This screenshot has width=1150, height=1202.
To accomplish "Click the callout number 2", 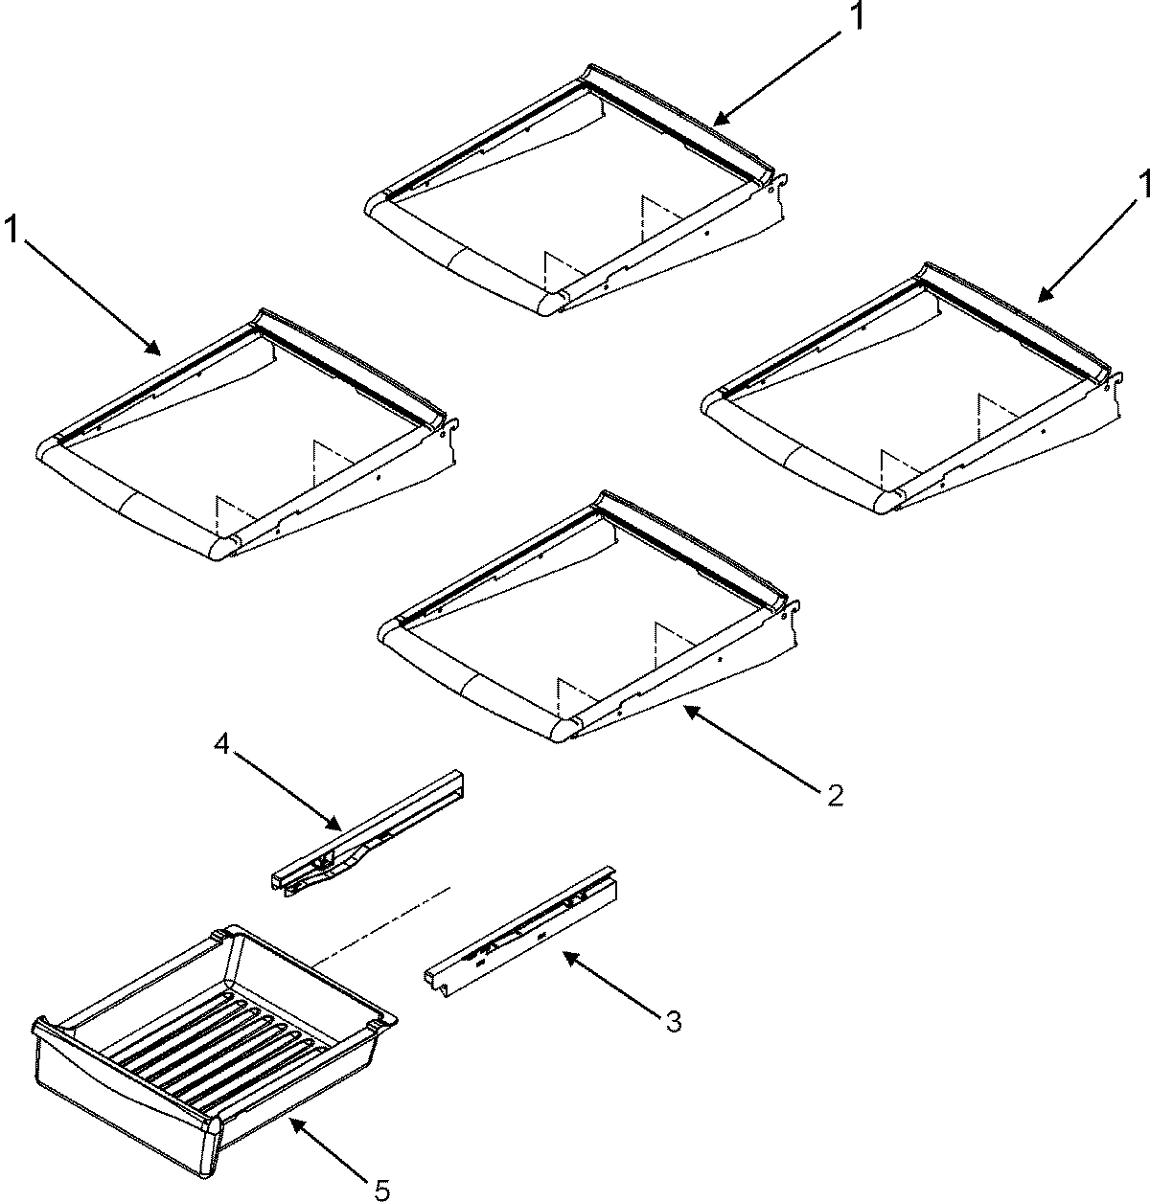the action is pos(835,794).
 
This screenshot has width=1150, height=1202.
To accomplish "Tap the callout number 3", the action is pos(673,1023).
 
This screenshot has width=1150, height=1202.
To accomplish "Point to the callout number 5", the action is pos(380,1190).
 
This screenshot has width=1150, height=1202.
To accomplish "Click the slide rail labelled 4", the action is pos(369,834).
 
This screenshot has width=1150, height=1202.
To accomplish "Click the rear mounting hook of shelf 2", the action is pos(793,606).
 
